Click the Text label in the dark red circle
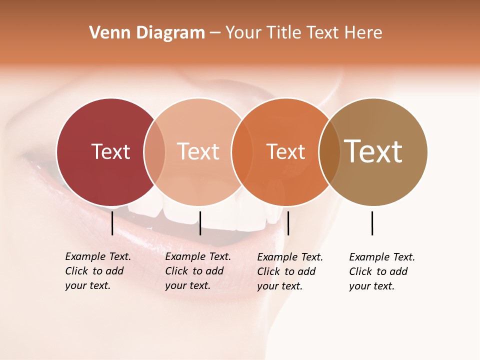point(110,151)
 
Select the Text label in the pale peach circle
point(198,151)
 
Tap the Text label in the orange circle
point(285,151)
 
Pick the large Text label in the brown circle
point(373,151)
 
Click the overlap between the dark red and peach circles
point(154,151)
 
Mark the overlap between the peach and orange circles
point(242,151)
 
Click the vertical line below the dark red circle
point(112,223)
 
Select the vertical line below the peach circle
point(200,223)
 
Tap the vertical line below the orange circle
point(288,223)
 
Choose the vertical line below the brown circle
point(372,223)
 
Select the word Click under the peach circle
point(176,271)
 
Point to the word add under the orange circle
point(306,271)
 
